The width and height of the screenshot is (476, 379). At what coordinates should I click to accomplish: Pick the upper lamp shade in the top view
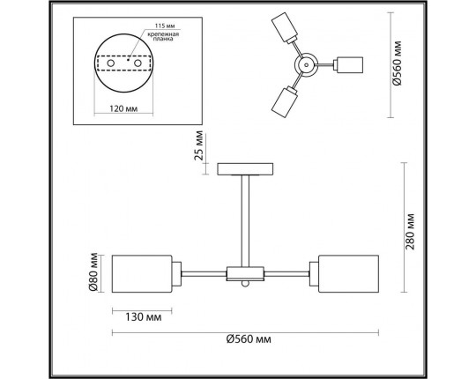pos(287,29)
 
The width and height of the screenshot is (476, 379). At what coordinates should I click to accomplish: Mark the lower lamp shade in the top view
pos(286,102)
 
